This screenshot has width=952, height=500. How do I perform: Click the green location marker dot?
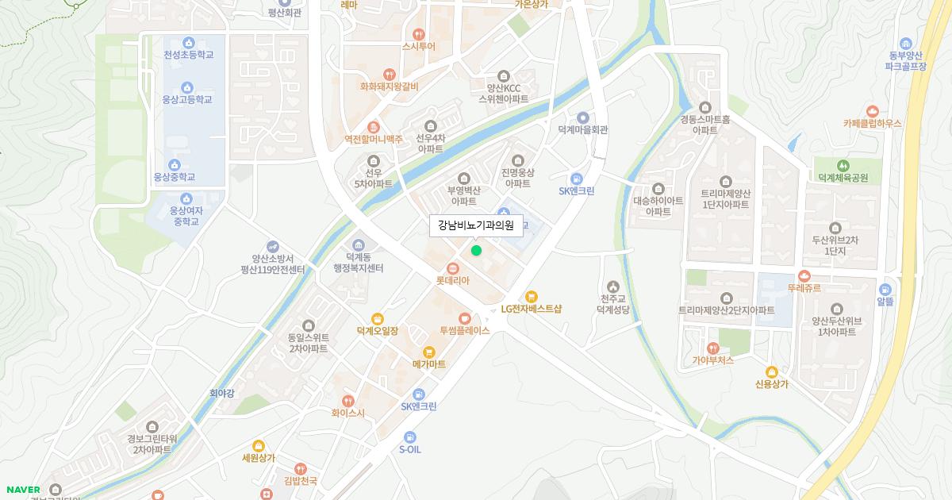tap(476, 251)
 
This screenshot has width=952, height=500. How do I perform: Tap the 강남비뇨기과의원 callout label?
tap(476, 225)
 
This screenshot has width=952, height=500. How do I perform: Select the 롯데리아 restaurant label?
tap(453, 280)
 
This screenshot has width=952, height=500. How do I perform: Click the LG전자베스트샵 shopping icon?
tap(532, 297)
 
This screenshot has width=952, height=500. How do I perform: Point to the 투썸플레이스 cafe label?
tap(465, 330)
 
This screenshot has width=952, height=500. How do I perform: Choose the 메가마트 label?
tap(429, 363)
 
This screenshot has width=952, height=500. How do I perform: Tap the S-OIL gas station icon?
tap(409, 437)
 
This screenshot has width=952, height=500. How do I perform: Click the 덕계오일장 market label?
tap(378, 330)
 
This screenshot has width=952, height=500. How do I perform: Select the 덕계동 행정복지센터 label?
tap(359, 263)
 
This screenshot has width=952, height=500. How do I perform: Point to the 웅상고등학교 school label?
tap(187, 100)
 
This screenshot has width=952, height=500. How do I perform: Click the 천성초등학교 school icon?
tap(188, 43)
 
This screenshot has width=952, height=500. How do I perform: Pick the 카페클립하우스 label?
tap(873, 124)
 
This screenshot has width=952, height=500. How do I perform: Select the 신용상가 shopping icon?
tap(771, 371)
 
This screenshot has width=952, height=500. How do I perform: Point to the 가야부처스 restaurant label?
tap(713, 360)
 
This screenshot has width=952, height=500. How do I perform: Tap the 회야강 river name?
tap(222, 392)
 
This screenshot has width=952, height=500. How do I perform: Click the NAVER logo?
tap(23, 489)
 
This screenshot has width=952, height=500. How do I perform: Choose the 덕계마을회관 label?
tap(583, 129)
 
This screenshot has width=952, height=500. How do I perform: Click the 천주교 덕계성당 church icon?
tap(612, 287)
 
